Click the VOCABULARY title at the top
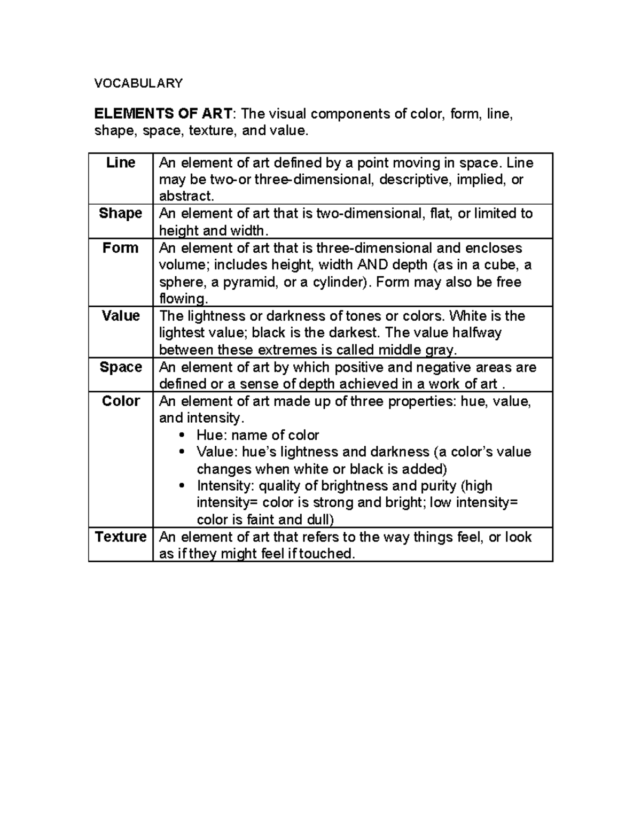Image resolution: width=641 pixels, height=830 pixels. click(138, 83)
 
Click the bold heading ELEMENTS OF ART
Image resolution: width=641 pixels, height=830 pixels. click(163, 114)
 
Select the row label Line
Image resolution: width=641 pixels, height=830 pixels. click(121, 162)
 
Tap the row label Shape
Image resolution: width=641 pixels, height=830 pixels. click(121, 213)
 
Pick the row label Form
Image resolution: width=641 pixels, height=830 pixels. click(121, 247)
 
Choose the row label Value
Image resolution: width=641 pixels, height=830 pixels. click(121, 315)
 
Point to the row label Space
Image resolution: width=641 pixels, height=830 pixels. click(121, 367)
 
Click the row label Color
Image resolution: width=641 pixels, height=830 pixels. click(121, 401)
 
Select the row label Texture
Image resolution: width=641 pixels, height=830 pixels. click(121, 537)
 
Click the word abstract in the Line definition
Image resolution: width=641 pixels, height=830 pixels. click(185, 196)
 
